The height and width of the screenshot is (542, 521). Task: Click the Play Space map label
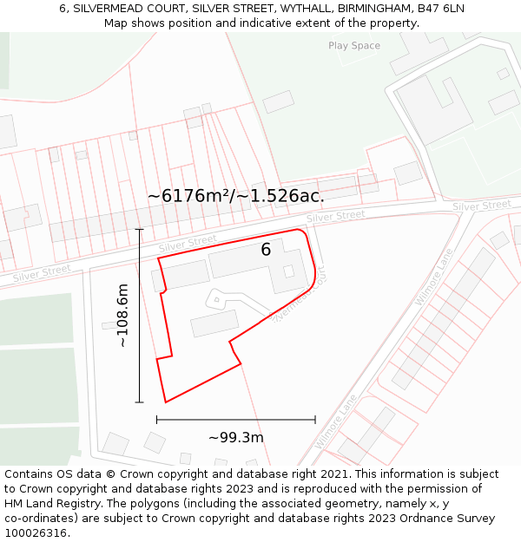353,45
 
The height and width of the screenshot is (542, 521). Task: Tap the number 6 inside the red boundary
267,250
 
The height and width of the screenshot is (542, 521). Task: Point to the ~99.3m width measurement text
235,437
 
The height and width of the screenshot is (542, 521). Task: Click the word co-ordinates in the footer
39,519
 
